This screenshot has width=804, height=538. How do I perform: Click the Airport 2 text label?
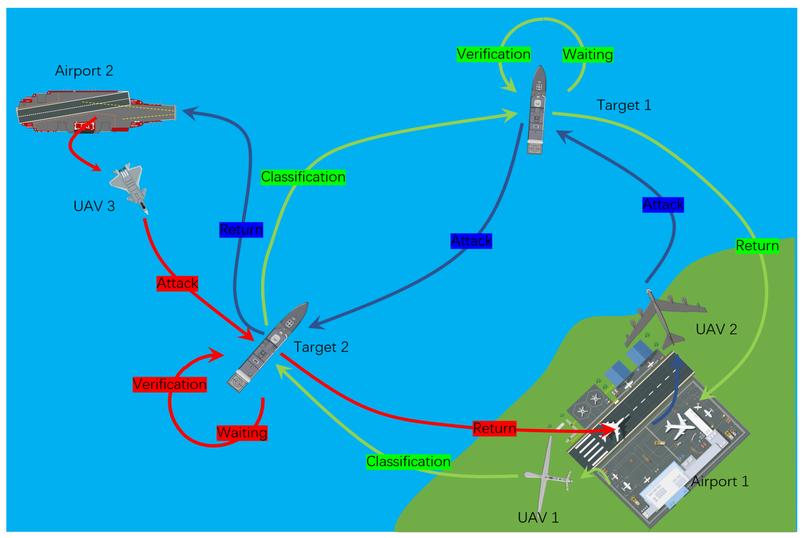[x=84, y=71]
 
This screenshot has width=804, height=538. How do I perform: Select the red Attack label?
[x=177, y=284]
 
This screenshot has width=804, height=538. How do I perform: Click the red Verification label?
[x=170, y=384]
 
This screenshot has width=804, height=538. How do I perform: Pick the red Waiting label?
[x=242, y=433]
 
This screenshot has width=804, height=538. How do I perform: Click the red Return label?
[x=494, y=429]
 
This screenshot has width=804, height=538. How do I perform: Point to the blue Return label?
[x=241, y=230]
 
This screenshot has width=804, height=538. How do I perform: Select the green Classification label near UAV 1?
[x=408, y=462]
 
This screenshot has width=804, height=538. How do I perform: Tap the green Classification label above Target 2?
[x=303, y=177]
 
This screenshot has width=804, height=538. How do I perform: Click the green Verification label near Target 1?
[x=493, y=54]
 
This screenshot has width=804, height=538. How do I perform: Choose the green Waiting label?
[x=588, y=55]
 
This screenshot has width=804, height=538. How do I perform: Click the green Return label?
[x=757, y=246]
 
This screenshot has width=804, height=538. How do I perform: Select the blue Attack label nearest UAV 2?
[x=663, y=205]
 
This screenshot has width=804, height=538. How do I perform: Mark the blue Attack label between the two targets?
[x=471, y=241]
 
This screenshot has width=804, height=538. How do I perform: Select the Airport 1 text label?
[x=720, y=481]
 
